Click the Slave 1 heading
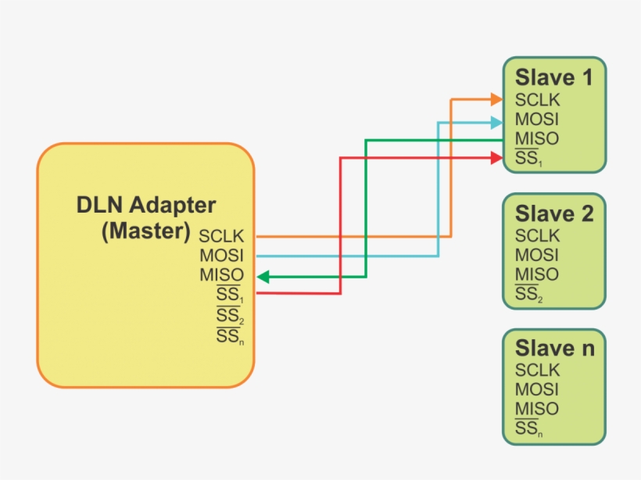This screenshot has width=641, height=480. coord(553,78)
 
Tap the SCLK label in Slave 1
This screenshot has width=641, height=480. coord(537,101)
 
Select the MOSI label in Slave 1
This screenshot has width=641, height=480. coord(536,120)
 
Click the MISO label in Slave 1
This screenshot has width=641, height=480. coord(536,140)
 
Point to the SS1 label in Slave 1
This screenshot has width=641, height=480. coord(528,159)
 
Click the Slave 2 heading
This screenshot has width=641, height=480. coord(554,214)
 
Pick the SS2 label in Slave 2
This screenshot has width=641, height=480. coord(528,295)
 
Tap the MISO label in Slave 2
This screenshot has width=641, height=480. coord(536,275)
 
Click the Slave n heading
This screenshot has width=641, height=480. coord(554,349)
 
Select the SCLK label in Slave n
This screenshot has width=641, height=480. coord(537,371)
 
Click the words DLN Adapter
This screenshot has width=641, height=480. coord(146,206)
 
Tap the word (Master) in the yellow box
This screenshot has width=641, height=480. coord(146,231)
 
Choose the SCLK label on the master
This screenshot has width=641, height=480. coord(221,236)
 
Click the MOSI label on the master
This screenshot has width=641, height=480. coord(221,256)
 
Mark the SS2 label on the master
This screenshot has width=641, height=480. coord(229,316)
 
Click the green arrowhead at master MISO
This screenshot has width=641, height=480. coord(263,276)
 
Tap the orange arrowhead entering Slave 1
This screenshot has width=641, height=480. coord(496,99)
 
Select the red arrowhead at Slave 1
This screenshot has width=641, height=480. coord(496,159)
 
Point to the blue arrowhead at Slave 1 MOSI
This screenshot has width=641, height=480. coord(496,122)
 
